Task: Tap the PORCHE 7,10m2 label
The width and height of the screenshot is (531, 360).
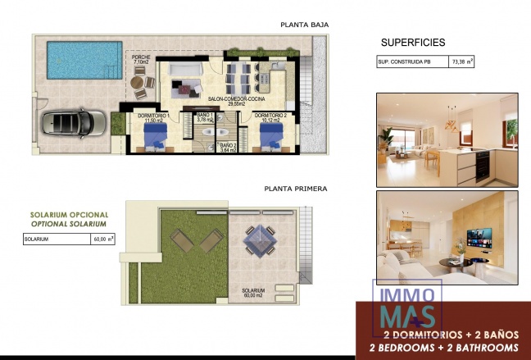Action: pos(142,59)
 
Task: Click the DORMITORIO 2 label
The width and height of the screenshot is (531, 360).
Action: pos(270,117)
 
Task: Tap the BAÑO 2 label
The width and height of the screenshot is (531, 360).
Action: pos(228,148)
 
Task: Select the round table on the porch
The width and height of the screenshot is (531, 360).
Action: pos(140,83)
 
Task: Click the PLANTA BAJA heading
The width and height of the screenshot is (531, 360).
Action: pos(305,25)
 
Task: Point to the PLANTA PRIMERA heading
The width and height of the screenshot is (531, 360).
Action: pos(295,189)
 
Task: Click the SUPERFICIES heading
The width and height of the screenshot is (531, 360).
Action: pos(413,42)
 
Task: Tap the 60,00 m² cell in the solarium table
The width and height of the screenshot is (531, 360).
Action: pos(103,239)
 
